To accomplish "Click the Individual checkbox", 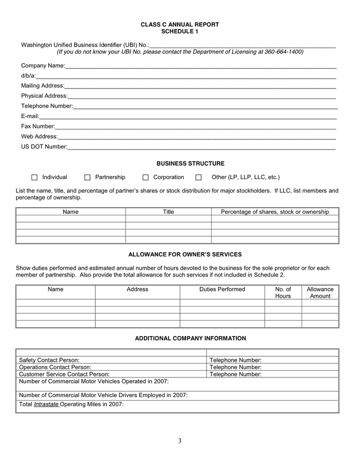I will [x=35, y=178].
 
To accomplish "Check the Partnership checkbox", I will [x=87, y=178].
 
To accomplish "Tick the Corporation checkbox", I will [x=146, y=178].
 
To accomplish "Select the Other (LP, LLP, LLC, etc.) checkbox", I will [x=199, y=178].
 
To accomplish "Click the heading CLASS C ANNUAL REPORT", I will [x=179, y=25].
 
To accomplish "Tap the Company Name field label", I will [x=43, y=66].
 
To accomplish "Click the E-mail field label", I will [x=30, y=116].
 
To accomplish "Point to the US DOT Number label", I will [x=44, y=147].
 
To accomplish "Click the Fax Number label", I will [x=38, y=126].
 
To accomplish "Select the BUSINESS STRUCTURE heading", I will [x=190, y=164].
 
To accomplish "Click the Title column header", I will [x=168, y=212].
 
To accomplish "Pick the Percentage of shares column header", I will [x=275, y=212].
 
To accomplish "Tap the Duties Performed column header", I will [x=222, y=289].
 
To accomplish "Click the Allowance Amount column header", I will [x=320, y=293].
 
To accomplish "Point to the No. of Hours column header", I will [x=283, y=293].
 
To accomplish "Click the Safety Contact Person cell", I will [x=49, y=360].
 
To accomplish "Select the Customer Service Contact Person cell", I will [x=64, y=374].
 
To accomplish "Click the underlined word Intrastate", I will [x=46, y=404].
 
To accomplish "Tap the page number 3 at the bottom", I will [x=179, y=441].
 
